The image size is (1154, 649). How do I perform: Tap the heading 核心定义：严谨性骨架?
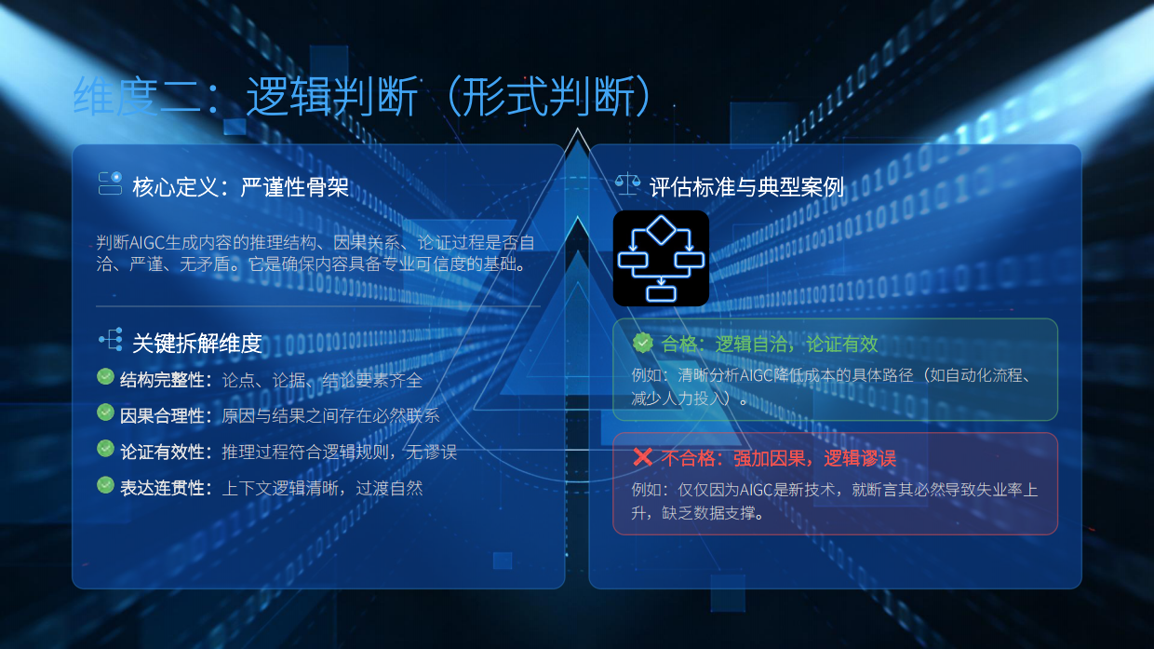click(240, 187)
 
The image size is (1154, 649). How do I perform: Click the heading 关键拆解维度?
click(196, 344)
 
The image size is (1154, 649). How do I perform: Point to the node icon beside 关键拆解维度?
click(110, 341)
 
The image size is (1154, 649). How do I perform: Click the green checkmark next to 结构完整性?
click(105, 377)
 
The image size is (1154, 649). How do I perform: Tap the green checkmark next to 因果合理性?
click(105, 412)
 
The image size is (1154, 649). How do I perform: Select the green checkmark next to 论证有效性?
click(105, 449)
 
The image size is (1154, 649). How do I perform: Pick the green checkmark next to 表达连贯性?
click(105, 485)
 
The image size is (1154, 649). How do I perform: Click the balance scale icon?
click(627, 184)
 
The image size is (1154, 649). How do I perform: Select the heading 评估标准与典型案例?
click(746, 187)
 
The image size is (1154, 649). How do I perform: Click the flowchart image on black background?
click(661, 258)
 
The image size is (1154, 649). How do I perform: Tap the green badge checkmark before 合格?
click(642, 343)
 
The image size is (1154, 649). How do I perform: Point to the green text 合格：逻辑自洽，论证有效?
click(770, 344)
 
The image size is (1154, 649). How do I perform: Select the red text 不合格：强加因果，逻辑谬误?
click(778, 458)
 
